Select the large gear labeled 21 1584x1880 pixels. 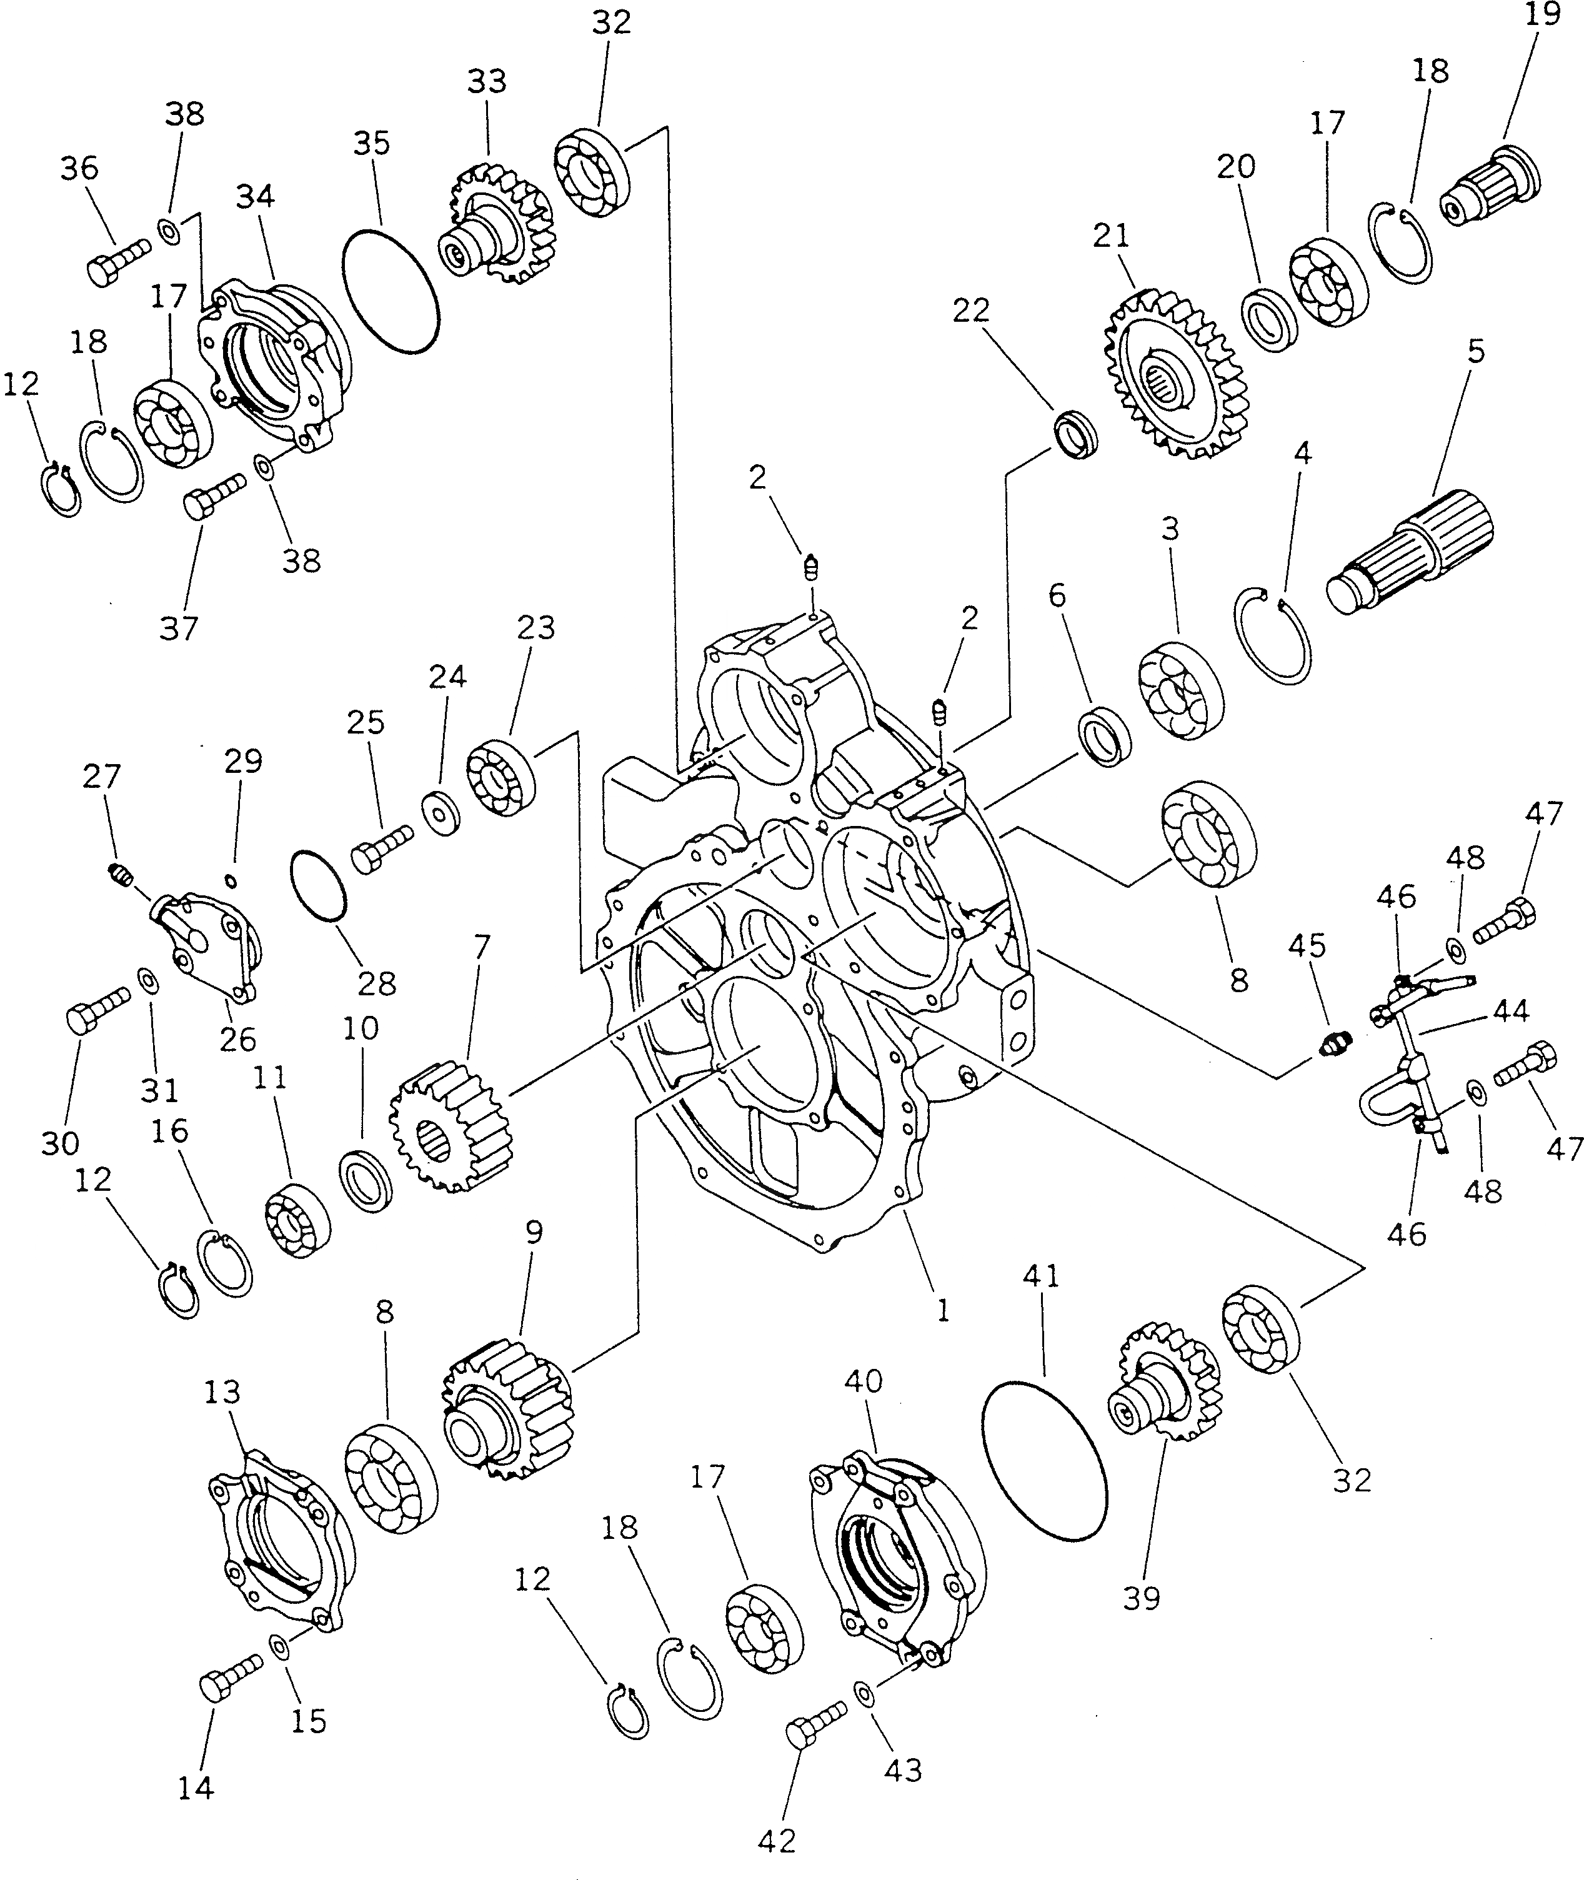[1175, 377]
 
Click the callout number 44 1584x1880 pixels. [1510, 1010]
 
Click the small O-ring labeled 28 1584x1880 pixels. [319, 885]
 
